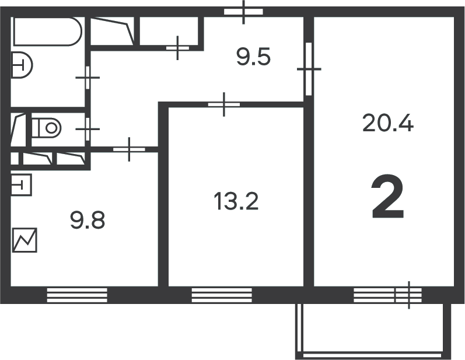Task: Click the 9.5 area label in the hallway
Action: coord(254,57)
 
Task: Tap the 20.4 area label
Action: coord(387,123)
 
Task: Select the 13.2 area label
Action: coord(236,201)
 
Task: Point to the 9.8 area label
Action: coord(88,220)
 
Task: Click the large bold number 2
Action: coord(387,197)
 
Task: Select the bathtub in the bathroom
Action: coord(47,31)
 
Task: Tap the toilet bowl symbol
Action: coord(47,128)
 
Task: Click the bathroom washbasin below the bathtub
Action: coord(22,65)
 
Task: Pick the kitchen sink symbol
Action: coord(21,185)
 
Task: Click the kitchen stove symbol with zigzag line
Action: coord(25,240)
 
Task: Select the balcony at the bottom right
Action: coord(373,331)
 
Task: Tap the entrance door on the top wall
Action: coord(243,12)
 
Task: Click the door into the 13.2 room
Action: coord(224,104)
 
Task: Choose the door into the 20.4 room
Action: coord(309,69)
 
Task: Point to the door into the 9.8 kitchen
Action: coord(129,149)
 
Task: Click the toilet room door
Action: coord(88,129)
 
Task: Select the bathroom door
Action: coord(88,78)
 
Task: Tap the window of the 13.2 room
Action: coord(222,295)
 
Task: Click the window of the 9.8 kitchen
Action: coord(77,295)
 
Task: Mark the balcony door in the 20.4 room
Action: coord(408,295)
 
